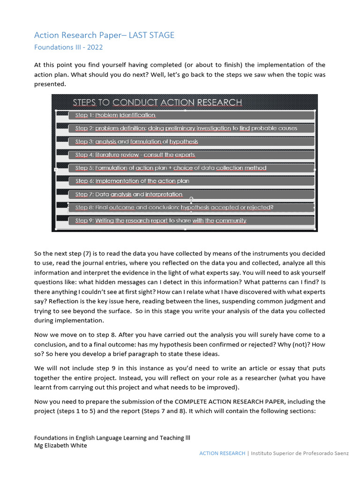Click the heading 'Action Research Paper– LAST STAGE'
pos(104,35)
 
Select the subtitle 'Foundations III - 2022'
pos(68,47)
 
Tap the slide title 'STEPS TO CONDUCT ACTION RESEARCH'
pos(157,102)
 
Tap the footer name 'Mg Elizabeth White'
pos(60,445)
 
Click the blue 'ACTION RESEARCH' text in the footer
pos(222,453)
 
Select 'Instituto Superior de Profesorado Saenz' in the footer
pos(300,453)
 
